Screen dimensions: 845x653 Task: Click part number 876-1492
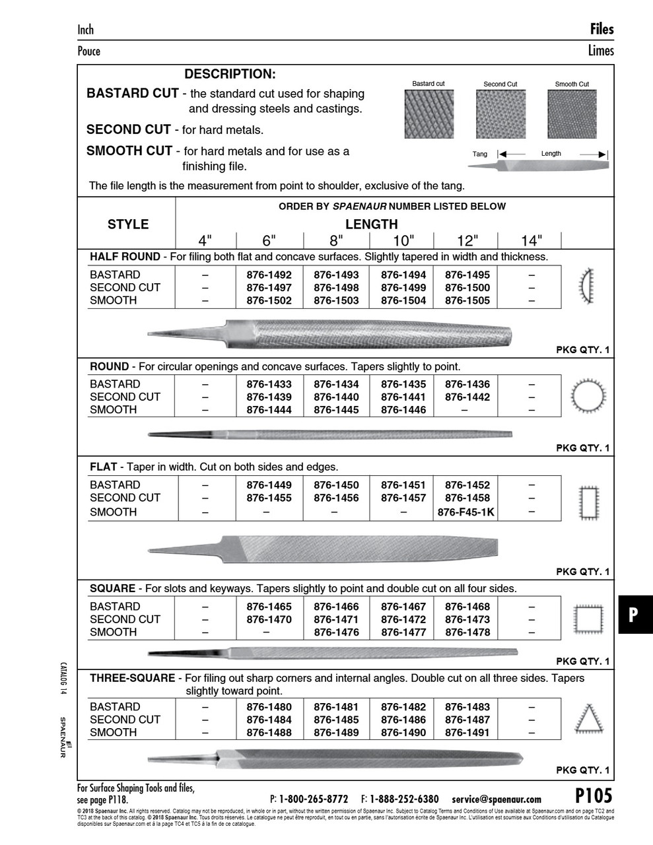click(x=269, y=275)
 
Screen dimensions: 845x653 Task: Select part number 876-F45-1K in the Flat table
click(x=467, y=512)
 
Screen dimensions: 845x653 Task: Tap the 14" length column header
click(x=531, y=240)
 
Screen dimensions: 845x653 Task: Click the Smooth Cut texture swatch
click(x=572, y=114)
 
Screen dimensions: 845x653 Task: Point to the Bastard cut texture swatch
click(x=429, y=114)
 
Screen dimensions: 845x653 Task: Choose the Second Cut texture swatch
click(x=500, y=114)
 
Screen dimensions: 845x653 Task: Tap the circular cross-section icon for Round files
click(x=587, y=396)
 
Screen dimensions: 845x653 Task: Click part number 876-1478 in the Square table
click(x=467, y=632)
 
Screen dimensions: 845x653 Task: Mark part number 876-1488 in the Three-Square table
click(x=269, y=733)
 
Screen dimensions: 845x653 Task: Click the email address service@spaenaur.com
click(x=497, y=799)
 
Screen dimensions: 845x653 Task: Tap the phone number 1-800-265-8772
click(x=314, y=799)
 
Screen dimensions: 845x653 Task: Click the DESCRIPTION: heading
click(x=230, y=75)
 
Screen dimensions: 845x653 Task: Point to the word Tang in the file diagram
click(x=480, y=154)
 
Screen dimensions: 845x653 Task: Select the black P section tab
click(x=633, y=615)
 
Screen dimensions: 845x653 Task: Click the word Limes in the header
click(x=600, y=51)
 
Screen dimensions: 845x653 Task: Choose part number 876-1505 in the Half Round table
click(x=467, y=300)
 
